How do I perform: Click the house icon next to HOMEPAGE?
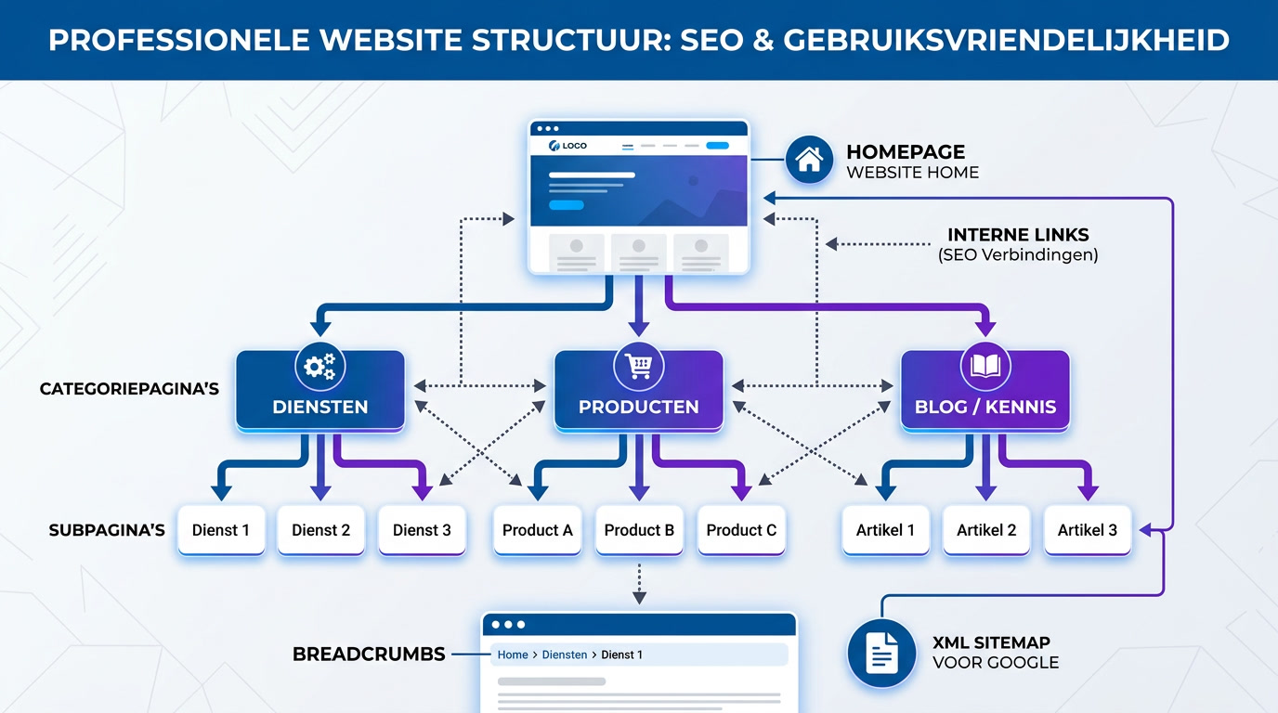click(809, 160)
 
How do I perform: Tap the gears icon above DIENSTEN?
click(319, 368)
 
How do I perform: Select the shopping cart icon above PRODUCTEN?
click(639, 367)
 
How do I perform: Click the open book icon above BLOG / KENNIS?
click(985, 367)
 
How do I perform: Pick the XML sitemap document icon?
click(881, 654)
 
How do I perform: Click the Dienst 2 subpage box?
click(321, 530)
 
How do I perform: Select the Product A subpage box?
click(538, 530)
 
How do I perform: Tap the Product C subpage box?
click(741, 530)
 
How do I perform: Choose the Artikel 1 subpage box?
click(885, 530)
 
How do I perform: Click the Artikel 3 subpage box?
click(1088, 530)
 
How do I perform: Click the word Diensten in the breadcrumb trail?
click(565, 655)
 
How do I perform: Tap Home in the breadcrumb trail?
click(513, 655)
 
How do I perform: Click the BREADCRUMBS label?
click(369, 655)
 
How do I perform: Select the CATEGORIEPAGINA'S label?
click(129, 389)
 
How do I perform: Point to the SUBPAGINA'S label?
click(107, 530)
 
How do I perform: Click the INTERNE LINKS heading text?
click(1018, 235)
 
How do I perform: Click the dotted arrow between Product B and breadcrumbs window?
click(639, 582)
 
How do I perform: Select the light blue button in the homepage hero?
click(567, 205)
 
